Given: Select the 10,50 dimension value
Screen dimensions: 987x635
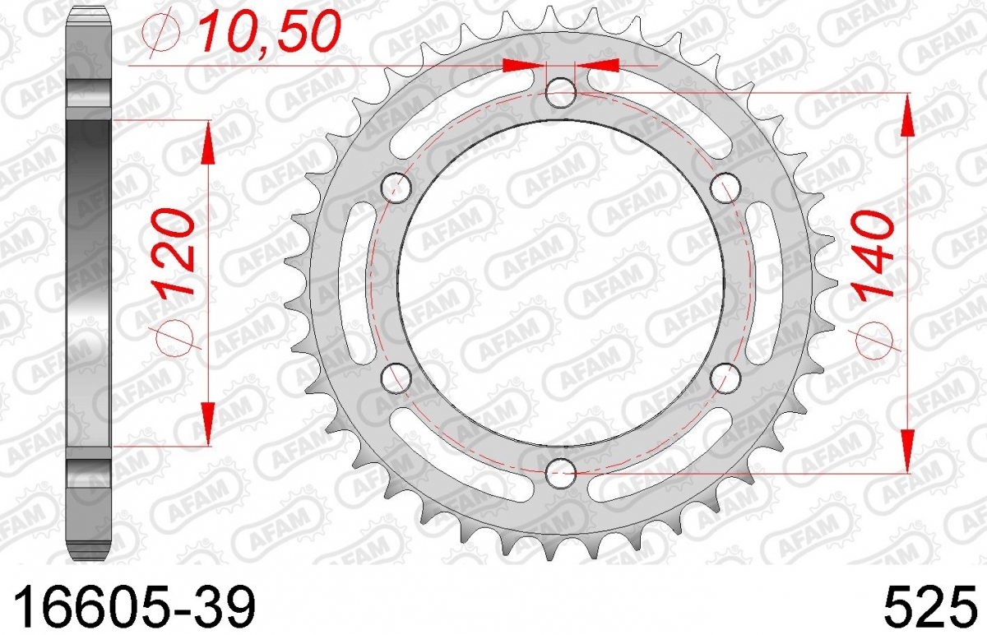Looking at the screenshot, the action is point(269,30).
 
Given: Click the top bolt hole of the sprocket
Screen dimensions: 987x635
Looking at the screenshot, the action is point(560,93).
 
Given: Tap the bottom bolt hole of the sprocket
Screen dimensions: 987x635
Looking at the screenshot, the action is point(560,473).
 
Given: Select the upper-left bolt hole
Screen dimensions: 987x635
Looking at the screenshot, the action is point(396,188).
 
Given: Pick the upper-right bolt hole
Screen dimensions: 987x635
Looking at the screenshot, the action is point(725,188).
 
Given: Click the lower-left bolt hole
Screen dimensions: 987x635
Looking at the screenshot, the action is point(396,378).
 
